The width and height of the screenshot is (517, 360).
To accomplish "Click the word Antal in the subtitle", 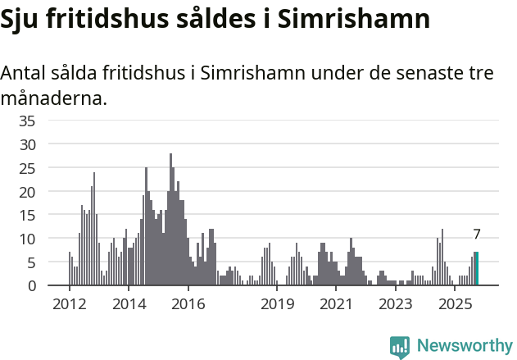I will click(x=25, y=73).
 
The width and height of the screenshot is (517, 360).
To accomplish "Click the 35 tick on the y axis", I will click(x=27, y=121).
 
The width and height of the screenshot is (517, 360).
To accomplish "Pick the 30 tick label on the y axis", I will click(x=27, y=144).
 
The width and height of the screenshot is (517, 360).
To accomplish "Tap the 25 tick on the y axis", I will click(x=27, y=168).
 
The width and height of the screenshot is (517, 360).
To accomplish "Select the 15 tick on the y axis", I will click(x=27, y=215).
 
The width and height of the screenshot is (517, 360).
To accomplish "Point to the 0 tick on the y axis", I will click(x=31, y=286).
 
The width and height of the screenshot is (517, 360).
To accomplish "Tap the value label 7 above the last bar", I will click(x=476, y=235).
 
